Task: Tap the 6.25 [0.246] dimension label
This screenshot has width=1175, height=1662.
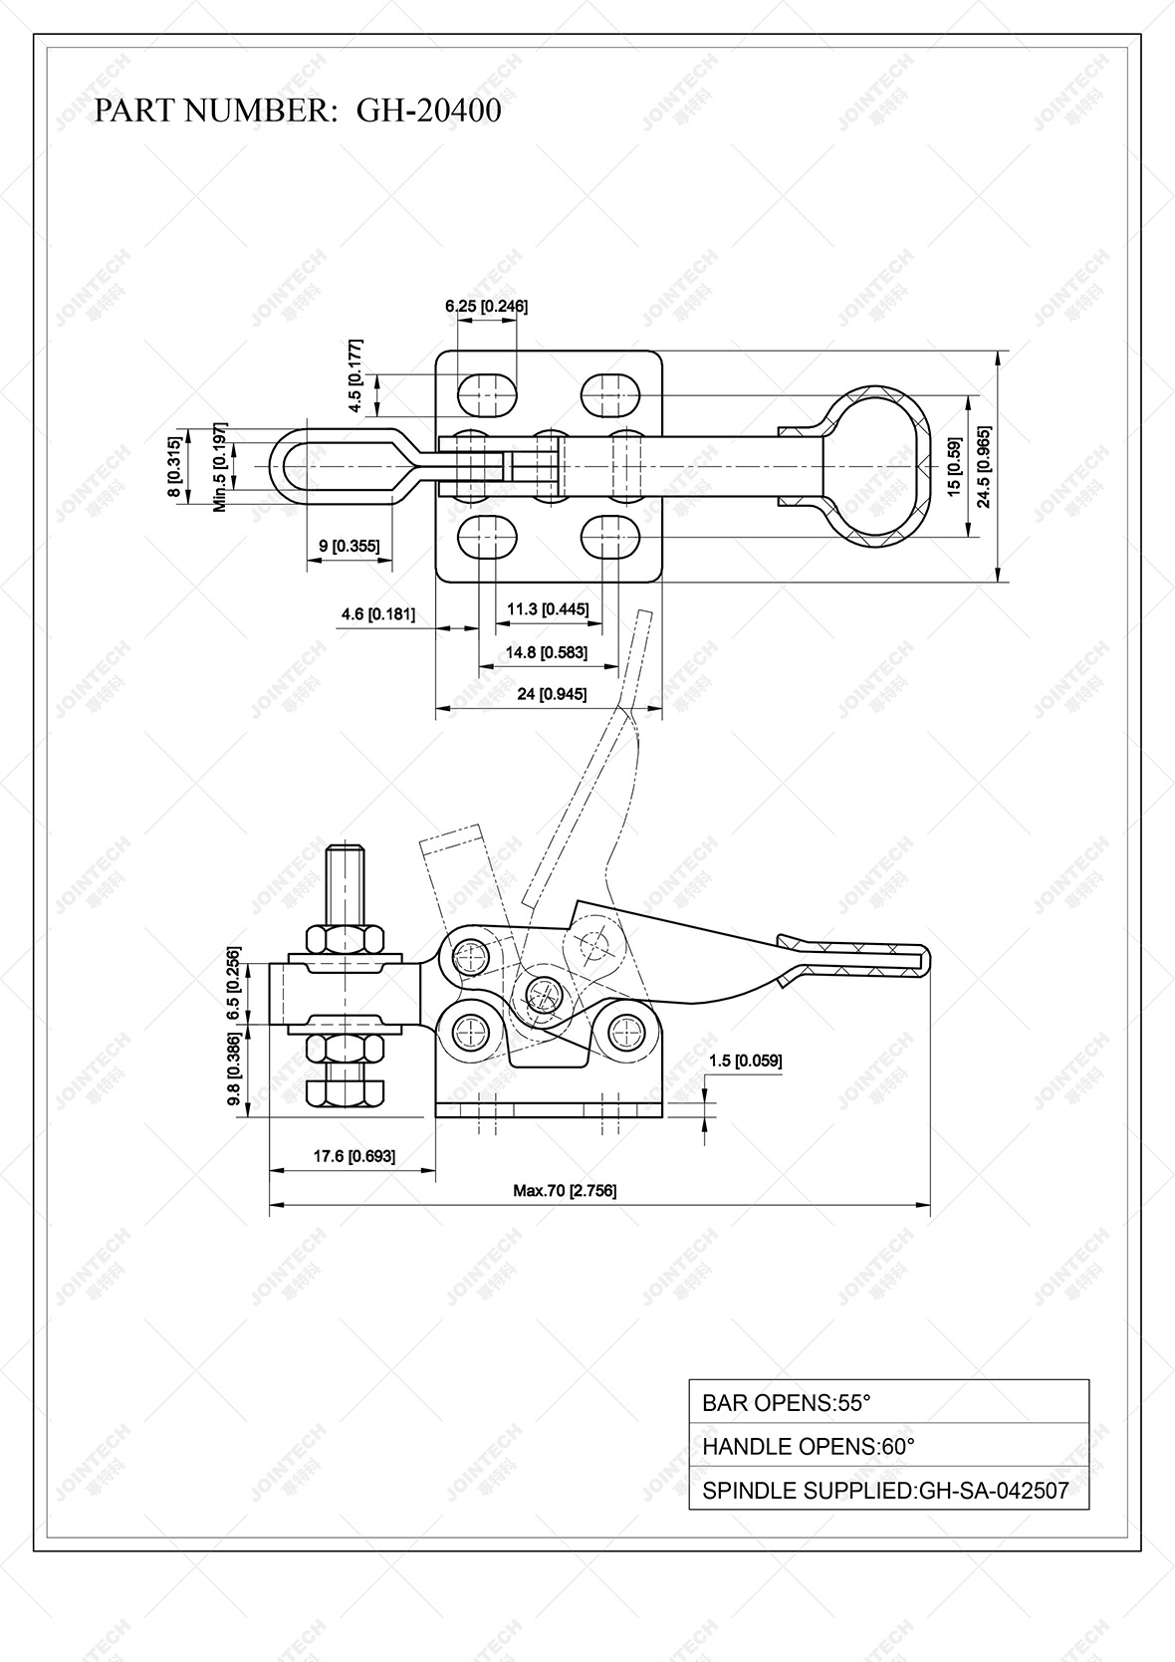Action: [486, 306]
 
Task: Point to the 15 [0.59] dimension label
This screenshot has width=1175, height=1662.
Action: [954, 467]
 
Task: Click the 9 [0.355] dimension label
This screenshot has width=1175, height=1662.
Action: [349, 546]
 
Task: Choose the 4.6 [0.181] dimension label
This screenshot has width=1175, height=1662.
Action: [377, 614]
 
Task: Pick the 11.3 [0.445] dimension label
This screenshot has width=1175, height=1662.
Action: [548, 608]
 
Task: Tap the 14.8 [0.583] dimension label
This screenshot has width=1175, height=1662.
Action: [547, 652]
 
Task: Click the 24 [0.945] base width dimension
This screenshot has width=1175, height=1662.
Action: [552, 694]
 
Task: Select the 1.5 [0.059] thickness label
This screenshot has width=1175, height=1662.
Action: [746, 1061]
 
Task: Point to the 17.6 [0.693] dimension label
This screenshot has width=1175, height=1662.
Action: [354, 1156]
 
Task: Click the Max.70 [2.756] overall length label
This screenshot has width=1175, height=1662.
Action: [565, 1190]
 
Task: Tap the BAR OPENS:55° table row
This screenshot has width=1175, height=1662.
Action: [888, 1402]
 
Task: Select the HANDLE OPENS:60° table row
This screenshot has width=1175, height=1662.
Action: [888, 1446]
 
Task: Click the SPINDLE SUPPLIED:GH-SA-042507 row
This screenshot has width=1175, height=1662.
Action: [888, 1491]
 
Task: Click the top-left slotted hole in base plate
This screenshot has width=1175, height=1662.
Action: [488, 394]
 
